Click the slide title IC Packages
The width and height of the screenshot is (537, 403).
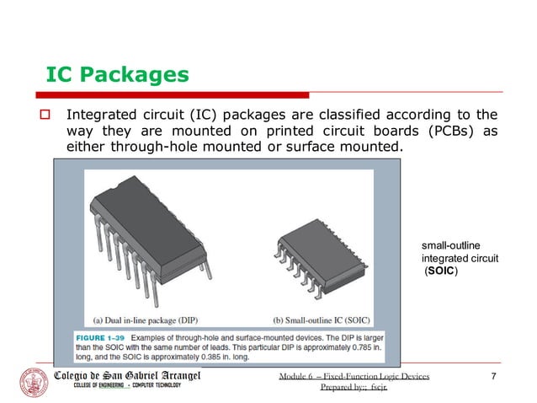pyautogui.click(x=116, y=75)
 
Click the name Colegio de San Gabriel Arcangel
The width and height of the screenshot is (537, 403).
pyautogui.click(x=127, y=373)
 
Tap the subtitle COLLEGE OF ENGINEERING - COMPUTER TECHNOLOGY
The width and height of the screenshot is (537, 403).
pyautogui.click(x=118, y=386)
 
